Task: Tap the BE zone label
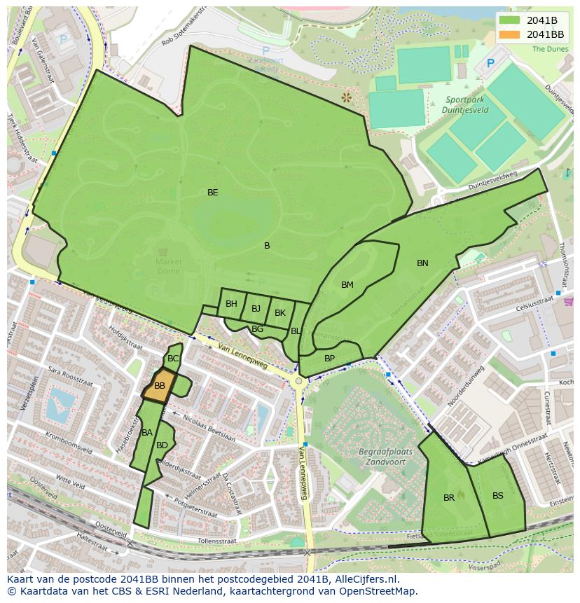pos(213,192)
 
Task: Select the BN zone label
pos(422,263)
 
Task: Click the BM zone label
pos(347,285)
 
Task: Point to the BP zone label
pos(329,359)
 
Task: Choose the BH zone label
pos(231,304)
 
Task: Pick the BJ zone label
pos(256,309)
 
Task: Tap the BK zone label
pos(280,313)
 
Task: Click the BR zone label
pos(449,498)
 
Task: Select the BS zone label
pos(498,496)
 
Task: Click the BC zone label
pos(173,359)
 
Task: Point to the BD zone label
pos(162,445)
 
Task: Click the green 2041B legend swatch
pos(510,20)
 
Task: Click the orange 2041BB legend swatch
pos(510,34)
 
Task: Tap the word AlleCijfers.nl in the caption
pos(373,579)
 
